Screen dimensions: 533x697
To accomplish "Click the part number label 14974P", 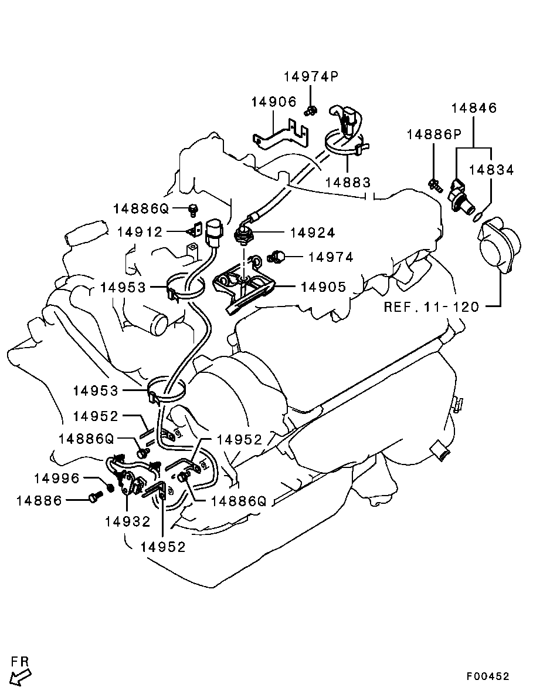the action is [311, 76].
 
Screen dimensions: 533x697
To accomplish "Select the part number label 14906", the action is [274, 102].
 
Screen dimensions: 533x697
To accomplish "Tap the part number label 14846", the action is [474, 108].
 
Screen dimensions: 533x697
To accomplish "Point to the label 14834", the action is [491, 170].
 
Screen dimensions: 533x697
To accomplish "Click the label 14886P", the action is [434, 134].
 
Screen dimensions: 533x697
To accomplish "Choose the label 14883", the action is [348, 182].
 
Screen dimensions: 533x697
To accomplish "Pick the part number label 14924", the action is [313, 233].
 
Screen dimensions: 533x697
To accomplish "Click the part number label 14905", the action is [323, 287].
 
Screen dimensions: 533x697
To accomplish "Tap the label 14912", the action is [140, 231].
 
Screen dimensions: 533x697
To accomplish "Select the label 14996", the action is [57, 479].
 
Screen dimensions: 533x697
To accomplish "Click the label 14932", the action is [128, 521].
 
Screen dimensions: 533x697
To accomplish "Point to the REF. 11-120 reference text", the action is [432, 307].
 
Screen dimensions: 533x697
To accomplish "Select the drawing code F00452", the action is [487, 676].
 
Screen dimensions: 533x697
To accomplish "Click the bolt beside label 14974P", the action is [311, 110].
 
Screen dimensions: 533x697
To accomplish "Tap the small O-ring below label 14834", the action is [478, 216].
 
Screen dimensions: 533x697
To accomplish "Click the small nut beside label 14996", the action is [110, 488].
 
